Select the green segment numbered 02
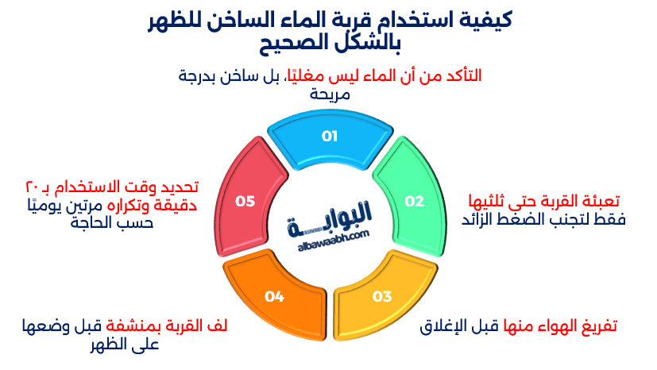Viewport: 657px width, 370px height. pos(414,202)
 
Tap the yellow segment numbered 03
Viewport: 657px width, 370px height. pos(382,296)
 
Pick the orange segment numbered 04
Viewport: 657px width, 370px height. pos(274,296)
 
